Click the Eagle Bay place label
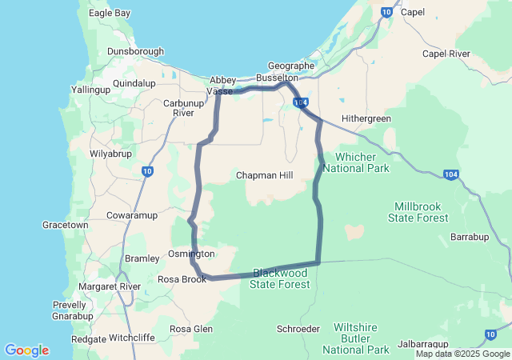pos(110,14)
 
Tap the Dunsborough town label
pos(136,52)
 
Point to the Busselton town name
pos(277,78)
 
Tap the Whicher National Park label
pos(362,162)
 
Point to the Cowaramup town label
pos(132,216)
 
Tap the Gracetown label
pos(66,226)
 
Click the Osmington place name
pos(191,254)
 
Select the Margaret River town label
pos(109,286)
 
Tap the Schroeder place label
pos(298,329)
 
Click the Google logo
pos(26,350)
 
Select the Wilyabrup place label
pos(110,151)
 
